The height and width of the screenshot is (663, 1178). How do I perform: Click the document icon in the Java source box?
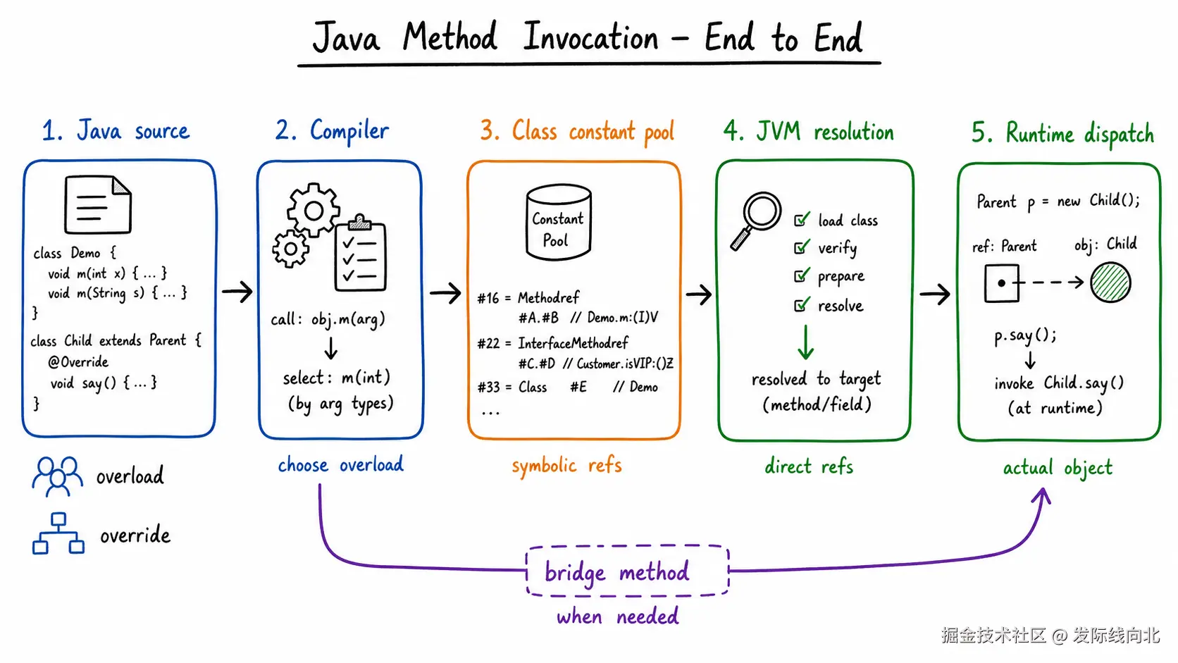(x=98, y=204)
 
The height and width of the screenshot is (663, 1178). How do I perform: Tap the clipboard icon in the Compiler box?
(x=360, y=254)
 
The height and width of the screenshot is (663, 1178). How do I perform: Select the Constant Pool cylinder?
(x=559, y=222)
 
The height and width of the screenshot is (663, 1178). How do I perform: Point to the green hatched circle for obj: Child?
(x=1110, y=283)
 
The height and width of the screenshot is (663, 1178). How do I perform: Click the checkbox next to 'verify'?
(x=802, y=247)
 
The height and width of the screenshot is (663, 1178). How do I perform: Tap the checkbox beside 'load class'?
(x=802, y=218)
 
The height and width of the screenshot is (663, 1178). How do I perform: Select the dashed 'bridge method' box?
(x=627, y=571)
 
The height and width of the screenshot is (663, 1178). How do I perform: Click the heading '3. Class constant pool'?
(x=577, y=131)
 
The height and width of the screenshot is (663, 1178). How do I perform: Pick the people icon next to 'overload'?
(x=57, y=476)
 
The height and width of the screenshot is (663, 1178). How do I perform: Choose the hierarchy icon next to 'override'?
(x=58, y=533)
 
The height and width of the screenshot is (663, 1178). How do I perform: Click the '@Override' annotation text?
(x=78, y=361)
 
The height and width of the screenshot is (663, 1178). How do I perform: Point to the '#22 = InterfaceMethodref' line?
(x=552, y=343)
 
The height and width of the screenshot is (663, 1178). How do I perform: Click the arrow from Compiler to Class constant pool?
(x=445, y=292)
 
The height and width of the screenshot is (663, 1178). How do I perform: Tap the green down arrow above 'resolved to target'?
(x=806, y=342)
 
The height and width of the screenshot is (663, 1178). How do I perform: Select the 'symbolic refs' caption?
(x=567, y=465)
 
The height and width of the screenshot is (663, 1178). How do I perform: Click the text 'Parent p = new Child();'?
(x=1058, y=202)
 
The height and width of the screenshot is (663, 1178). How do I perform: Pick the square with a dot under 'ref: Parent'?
(x=1001, y=283)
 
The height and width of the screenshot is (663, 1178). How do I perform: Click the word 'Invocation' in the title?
(x=590, y=37)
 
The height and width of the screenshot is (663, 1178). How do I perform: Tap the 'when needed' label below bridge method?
(x=618, y=616)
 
